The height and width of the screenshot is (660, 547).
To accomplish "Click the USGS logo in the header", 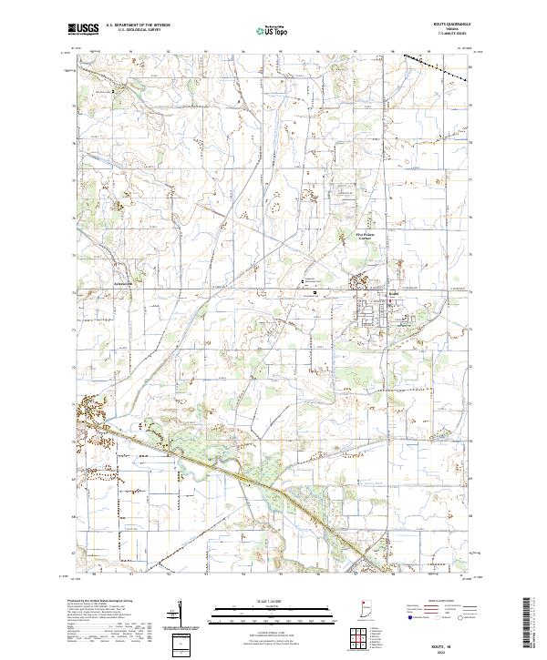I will point(84,30).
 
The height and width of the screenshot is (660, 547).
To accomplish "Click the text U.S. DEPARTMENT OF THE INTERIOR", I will point(139,26).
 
